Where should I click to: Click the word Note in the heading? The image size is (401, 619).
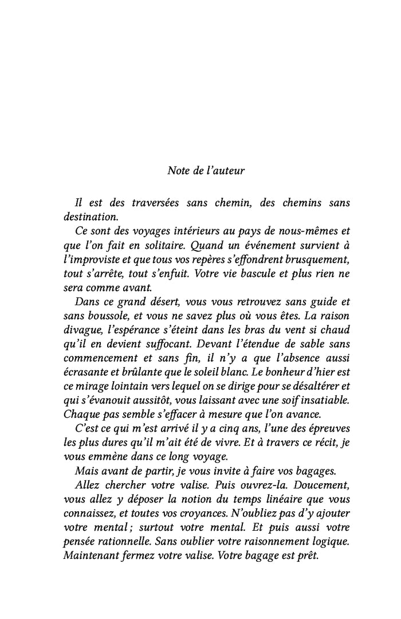coord(178,170)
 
